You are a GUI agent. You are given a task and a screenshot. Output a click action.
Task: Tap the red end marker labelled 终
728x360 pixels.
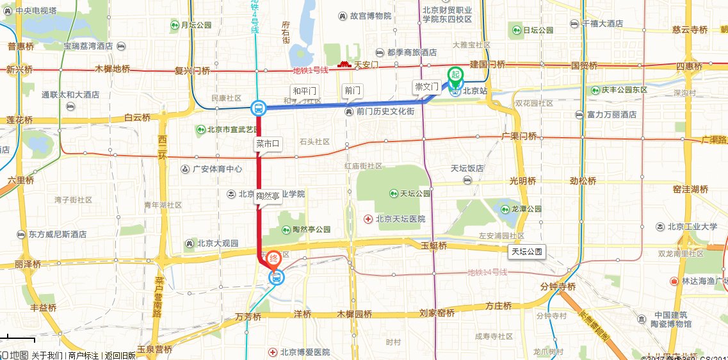click(273, 259)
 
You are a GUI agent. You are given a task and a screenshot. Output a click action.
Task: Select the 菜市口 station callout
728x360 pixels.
click(268, 144)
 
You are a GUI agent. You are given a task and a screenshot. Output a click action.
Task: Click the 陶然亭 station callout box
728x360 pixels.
click(268, 198)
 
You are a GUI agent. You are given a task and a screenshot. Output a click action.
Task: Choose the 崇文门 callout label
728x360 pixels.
click(426, 86)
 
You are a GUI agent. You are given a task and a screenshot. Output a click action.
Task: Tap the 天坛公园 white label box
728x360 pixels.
click(526, 251)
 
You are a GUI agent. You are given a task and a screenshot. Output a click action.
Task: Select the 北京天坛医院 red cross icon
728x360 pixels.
click(368, 219)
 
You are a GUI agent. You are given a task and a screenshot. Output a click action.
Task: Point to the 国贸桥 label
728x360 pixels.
click(584, 65)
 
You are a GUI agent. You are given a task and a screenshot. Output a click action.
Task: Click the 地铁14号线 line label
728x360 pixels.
click(487, 272)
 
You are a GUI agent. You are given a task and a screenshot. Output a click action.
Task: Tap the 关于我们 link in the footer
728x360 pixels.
click(47, 356)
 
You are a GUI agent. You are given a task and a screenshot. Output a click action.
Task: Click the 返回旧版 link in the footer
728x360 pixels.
click(120, 356)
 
